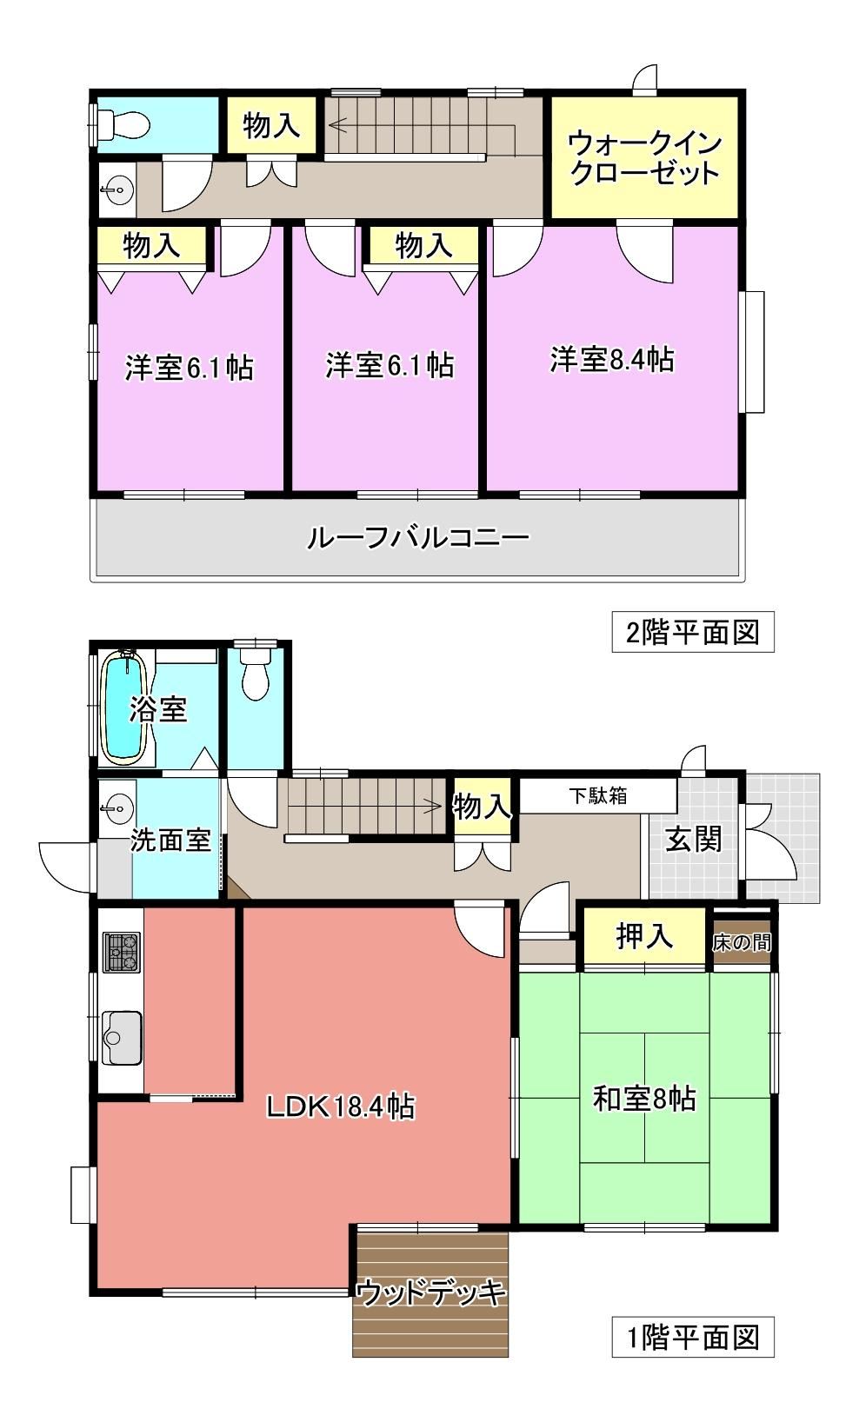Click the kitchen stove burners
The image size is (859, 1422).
pos(121,953)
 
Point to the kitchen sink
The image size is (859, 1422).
pos(121,1037)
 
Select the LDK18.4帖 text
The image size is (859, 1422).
pos(340,1106)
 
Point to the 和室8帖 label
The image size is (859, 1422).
pos(644,1099)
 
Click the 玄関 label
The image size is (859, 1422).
pos(693,840)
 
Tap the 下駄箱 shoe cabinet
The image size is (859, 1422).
pos(598,795)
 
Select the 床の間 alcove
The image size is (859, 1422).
pos(742,942)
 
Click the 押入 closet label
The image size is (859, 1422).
pos(644,935)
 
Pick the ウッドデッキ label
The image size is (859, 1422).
pos(431,1292)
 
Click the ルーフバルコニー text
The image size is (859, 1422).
pos(417,538)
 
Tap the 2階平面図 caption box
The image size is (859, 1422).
pos(693,632)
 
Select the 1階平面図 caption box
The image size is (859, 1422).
pos(693,1337)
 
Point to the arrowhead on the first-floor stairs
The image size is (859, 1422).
pos(434,807)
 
